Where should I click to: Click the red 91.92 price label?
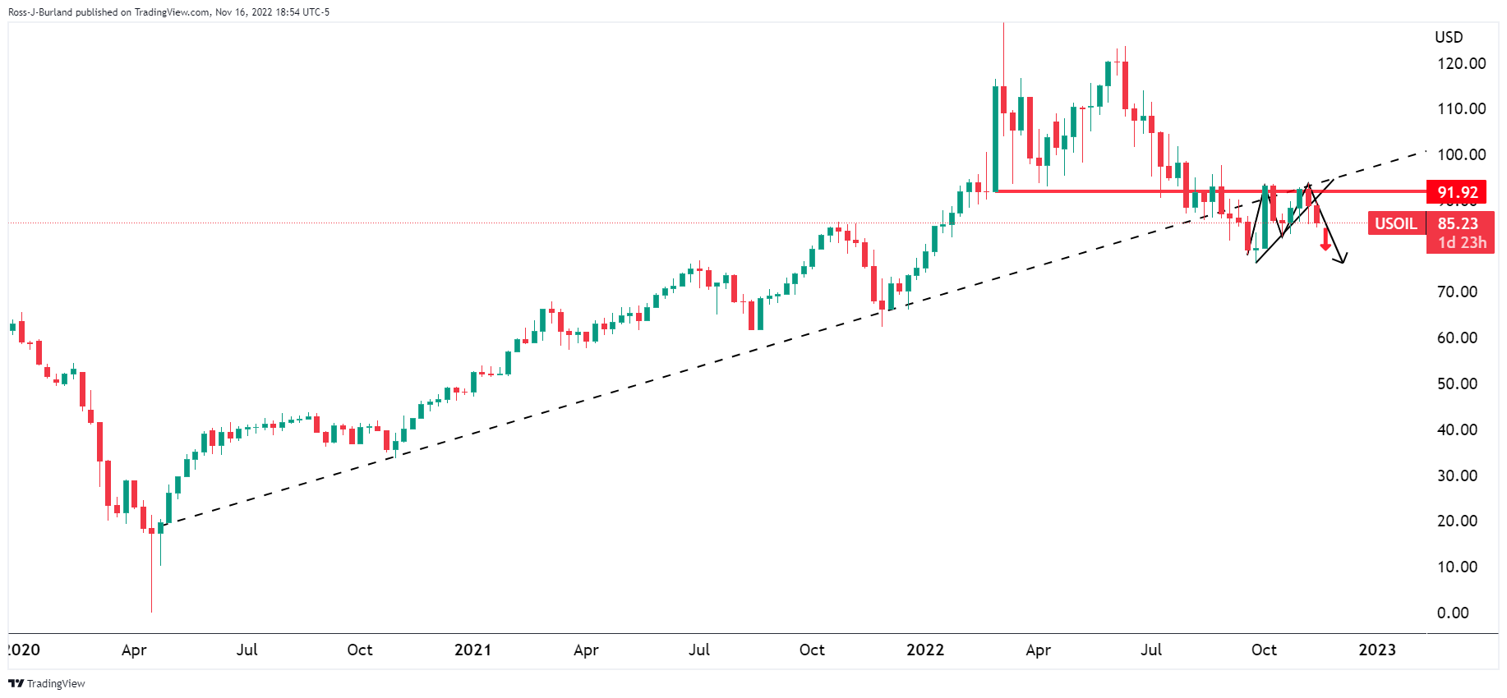[x=1456, y=192]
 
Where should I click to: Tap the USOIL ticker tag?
[x=1395, y=223]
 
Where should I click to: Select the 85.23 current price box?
[x=1457, y=223]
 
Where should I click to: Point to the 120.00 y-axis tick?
[x=1460, y=63]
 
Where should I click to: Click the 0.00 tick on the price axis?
[x=1452, y=613]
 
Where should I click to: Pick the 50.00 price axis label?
[x=1456, y=383]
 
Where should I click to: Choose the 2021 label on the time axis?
[x=472, y=650]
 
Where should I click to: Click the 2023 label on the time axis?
[x=1376, y=650]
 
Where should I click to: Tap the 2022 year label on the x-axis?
[x=924, y=650]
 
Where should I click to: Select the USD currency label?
[x=1448, y=37]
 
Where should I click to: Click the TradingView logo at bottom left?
[x=47, y=683]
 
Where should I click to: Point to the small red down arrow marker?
[x=1325, y=246]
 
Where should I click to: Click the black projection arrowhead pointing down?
[x=1342, y=260]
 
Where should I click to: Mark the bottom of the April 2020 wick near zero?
[x=152, y=611]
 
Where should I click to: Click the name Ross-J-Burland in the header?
[x=39, y=12]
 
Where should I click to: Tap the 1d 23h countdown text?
[x=1462, y=242]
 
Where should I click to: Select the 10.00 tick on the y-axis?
[x=1456, y=567]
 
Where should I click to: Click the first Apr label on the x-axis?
[x=134, y=650]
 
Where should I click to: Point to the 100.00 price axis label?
[x=1460, y=154]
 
